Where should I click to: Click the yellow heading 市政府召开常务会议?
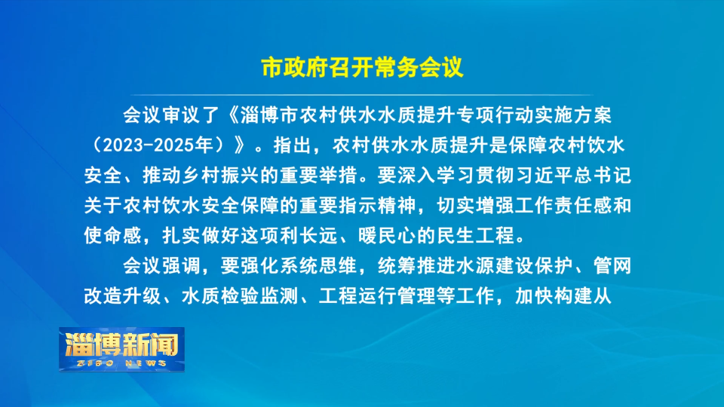pyautogui.click(x=362, y=68)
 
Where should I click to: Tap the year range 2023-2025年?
pyautogui.click(x=157, y=145)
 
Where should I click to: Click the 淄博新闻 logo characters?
pyautogui.click(x=121, y=344)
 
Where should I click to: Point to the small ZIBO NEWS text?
pyautogui.click(x=121, y=363)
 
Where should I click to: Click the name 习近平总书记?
pyautogui.click(x=572, y=176)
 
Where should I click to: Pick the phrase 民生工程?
pyautogui.click(x=476, y=235)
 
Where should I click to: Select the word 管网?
pyautogui.click(x=612, y=266)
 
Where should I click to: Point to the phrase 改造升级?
pyautogui.click(x=122, y=295)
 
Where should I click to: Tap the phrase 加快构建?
pyautogui.click(x=554, y=295)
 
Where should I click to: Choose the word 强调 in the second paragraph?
pyautogui.click(x=181, y=266)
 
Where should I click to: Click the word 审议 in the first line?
pyautogui.click(x=181, y=115)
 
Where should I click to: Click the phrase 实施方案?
pyautogui.click(x=573, y=115)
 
